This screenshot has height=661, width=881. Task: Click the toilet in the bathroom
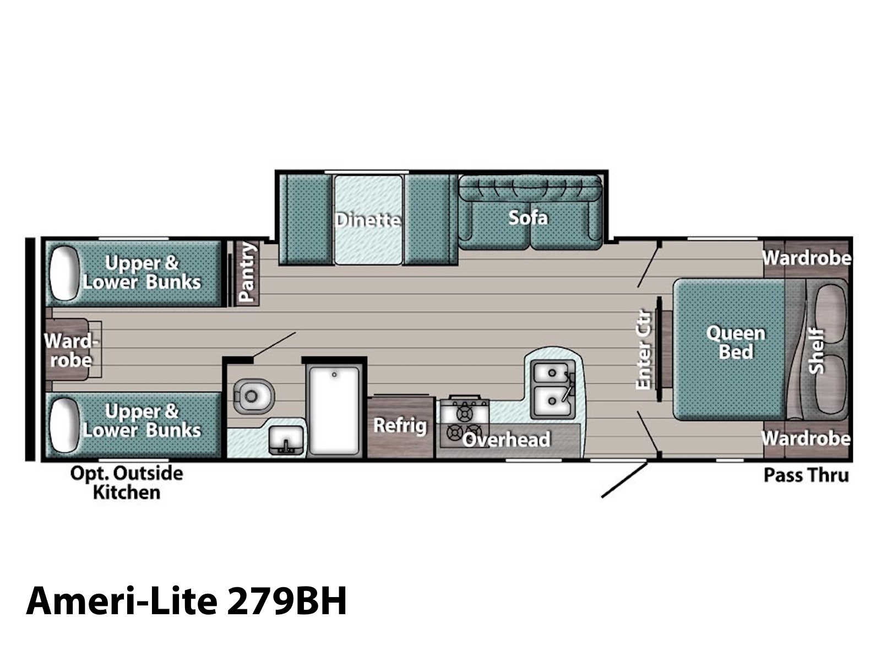click(x=254, y=396)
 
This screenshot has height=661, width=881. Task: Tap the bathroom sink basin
click(x=286, y=440)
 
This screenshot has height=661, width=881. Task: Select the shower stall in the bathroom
click(x=334, y=411)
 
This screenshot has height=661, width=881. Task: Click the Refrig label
click(x=400, y=425)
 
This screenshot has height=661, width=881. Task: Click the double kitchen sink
click(x=552, y=389)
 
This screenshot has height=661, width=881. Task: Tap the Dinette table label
click(x=368, y=220)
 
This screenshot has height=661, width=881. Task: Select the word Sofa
click(x=528, y=218)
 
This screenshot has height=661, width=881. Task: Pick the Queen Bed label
click(x=736, y=342)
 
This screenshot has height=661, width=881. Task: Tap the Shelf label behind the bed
click(x=815, y=351)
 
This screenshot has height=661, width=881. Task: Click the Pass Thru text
click(x=806, y=475)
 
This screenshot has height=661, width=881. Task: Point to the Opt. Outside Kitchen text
click(x=127, y=483)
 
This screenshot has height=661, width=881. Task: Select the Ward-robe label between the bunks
click(x=70, y=351)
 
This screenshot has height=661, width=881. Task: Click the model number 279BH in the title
click(x=286, y=601)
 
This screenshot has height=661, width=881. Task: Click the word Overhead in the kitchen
click(x=506, y=440)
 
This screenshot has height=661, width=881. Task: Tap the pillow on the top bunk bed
click(x=64, y=273)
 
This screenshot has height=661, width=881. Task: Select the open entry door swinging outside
click(x=624, y=480)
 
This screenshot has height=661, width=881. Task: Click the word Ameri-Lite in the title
click(x=121, y=601)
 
